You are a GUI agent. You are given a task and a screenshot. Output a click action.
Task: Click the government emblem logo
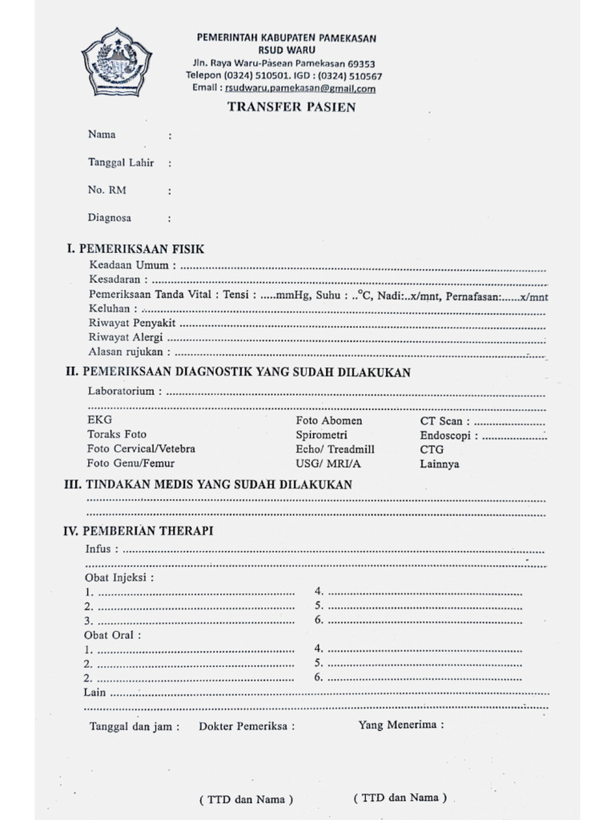pyautogui.click(x=117, y=62)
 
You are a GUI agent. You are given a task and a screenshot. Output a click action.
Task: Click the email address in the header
pyautogui.click(x=299, y=89)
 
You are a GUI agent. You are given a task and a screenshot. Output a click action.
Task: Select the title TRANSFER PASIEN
pyautogui.click(x=291, y=107)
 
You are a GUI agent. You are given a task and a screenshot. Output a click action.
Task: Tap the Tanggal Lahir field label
pyautogui.click(x=121, y=163)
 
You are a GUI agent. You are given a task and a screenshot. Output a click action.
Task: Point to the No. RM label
pyautogui.click(x=107, y=191)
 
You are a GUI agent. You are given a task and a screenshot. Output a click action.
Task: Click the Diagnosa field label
pyautogui.click(x=110, y=218)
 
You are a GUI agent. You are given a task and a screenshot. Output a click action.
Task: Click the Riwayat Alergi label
pyautogui.click(x=126, y=337)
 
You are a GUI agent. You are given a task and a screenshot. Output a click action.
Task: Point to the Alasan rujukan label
pyautogui.click(x=128, y=352)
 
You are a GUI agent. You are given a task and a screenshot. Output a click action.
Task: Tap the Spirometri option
pyautogui.click(x=320, y=435)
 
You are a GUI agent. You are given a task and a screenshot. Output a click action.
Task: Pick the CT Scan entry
pyautogui.click(x=441, y=420)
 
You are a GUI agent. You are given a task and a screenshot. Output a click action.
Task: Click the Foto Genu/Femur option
pyautogui.click(x=131, y=464)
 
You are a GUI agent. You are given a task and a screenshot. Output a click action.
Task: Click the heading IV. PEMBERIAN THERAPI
pyautogui.click(x=138, y=531)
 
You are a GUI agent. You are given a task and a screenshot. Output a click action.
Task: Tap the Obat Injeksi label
pyautogui.click(x=119, y=577)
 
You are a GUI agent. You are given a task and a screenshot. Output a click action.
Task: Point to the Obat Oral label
pyautogui.click(x=112, y=635)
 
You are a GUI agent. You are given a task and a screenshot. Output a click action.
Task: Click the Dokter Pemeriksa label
pyautogui.click(x=246, y=726)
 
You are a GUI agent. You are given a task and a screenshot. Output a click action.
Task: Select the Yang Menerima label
pyautogui.click(x=400, y=726)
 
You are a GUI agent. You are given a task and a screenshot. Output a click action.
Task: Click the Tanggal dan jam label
pyautogui.click(x=134, y=726)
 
